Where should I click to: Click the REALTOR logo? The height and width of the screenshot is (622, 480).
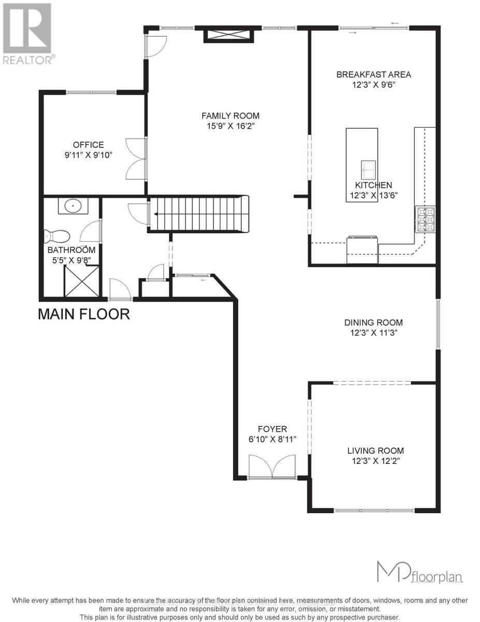coord(27,34)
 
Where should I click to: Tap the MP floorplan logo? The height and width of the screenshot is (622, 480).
coord(419,573)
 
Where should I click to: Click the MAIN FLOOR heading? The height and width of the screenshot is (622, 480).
coord(84,314)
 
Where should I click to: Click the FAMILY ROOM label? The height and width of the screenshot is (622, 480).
coord(230,116)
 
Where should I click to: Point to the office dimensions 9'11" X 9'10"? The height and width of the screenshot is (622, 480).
coord(88,155)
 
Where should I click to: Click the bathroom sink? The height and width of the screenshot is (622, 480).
coord(73,206)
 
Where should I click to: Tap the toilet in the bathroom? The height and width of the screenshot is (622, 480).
coord(56,236)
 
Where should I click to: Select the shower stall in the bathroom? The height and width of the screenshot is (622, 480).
coord(81,281)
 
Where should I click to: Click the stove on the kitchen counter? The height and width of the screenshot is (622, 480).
coord(425,218)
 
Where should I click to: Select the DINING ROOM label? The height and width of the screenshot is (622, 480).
coord(375,322)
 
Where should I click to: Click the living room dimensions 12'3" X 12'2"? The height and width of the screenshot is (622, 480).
coord(375,461)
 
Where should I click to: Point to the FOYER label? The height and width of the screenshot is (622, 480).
coord(272,429)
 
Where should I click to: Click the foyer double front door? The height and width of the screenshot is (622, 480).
coord(272,467)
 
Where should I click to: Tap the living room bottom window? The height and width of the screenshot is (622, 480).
coord(374,511)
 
